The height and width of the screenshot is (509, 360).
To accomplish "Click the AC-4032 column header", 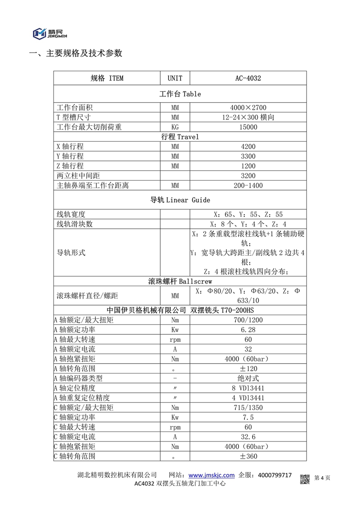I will point(248,78).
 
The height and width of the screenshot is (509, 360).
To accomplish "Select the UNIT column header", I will point(175,78).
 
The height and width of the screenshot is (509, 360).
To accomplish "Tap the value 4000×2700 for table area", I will point(248,108).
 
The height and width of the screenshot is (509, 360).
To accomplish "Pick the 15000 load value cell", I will point(248,127).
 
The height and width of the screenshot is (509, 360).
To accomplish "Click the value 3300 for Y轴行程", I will point(248,157).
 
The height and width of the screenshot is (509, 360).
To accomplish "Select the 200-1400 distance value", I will point(248,185).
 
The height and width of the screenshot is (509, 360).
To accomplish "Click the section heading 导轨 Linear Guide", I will point(180,200).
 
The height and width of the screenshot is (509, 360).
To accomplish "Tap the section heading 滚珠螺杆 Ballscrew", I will point(180,282).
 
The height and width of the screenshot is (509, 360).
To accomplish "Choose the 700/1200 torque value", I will point(248,320).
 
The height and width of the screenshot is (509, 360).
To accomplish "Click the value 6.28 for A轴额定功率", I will point(248,329).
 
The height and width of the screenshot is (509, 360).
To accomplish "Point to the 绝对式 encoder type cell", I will point(248,378).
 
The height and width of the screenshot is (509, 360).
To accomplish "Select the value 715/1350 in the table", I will point(248,407).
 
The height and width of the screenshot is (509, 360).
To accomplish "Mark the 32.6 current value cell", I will point(248,437).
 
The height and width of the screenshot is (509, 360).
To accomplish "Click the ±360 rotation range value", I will point(248,456).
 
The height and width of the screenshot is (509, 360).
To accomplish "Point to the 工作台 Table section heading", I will point(180,94).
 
